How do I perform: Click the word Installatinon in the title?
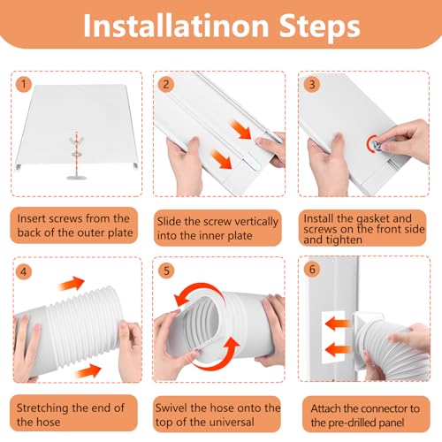click(x=176, y=26)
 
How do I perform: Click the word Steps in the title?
click(x=319, y=27)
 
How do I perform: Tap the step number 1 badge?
click(x=23, y=85)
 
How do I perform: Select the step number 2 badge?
click(x=166, y=85)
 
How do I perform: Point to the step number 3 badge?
click(x=312, y=85)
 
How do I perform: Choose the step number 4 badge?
click(x=24, y=271)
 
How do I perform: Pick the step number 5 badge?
click(x=166, y=271)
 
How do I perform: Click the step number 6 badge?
click(x=312, y=269)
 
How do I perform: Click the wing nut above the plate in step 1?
click(x=77, y=140)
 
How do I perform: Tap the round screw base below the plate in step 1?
click(x=77, y=177)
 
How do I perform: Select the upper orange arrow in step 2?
click(x=240, y=129)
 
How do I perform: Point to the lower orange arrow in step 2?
click(x=222, y=159)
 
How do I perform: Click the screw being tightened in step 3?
click(x=377, y=145)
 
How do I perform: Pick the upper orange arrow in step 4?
click(x=72, y=284)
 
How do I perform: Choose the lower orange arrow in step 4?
click(x=88, y=370)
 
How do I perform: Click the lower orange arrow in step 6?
click(x=338, y=350)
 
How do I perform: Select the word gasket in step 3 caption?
click(x=373, y=219)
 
